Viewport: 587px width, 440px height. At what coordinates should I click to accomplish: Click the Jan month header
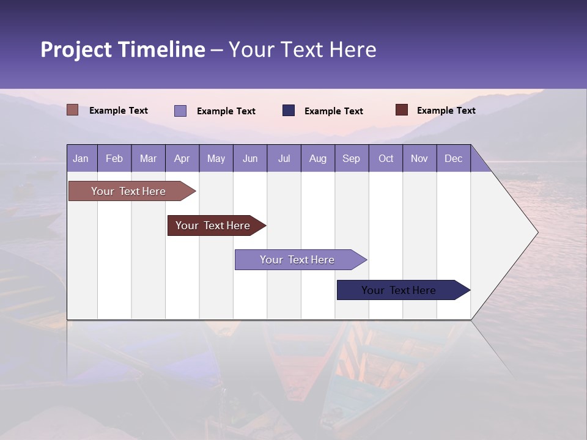pos(81,158)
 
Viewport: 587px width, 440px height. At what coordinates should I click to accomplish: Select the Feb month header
pos(114,158)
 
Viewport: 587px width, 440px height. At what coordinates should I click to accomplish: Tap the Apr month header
pos(182,158)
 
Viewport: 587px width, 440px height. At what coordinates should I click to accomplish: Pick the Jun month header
pos(250,158)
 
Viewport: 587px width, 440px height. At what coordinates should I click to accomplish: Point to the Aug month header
pos(317,158)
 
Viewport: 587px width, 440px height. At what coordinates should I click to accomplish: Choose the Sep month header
pos(351,158)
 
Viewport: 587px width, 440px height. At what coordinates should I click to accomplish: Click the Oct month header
pos(386,158)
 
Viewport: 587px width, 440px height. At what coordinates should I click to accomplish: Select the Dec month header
pos(453,158)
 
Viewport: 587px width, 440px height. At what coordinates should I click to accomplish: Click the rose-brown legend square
pos(73,110)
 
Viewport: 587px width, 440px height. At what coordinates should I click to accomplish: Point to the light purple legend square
pos(180,111)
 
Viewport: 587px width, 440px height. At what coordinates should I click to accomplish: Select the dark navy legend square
pos(289,110)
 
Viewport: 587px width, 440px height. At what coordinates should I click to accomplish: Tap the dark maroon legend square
pos(401,110)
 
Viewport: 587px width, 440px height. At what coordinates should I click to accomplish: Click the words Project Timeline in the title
pos(122,50)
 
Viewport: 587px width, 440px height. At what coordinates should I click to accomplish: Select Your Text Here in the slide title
pos(302,50)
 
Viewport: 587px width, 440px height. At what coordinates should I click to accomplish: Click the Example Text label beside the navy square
pos(333,111)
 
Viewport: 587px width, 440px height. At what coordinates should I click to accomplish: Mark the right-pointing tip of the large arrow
pos(536,232)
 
